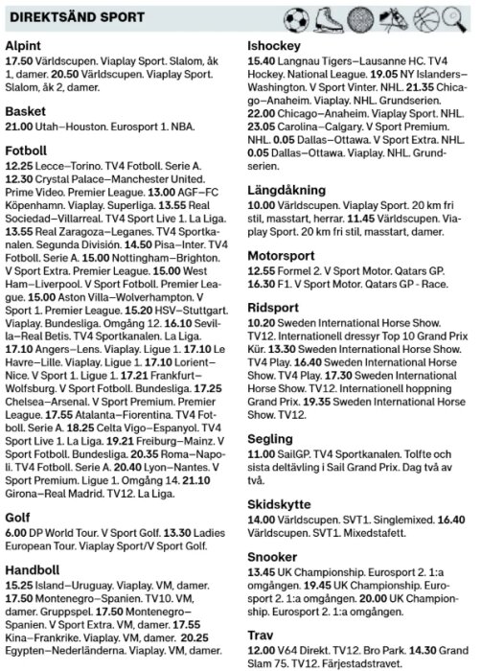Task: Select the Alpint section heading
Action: [24, 46]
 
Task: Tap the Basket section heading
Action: [26, 110]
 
